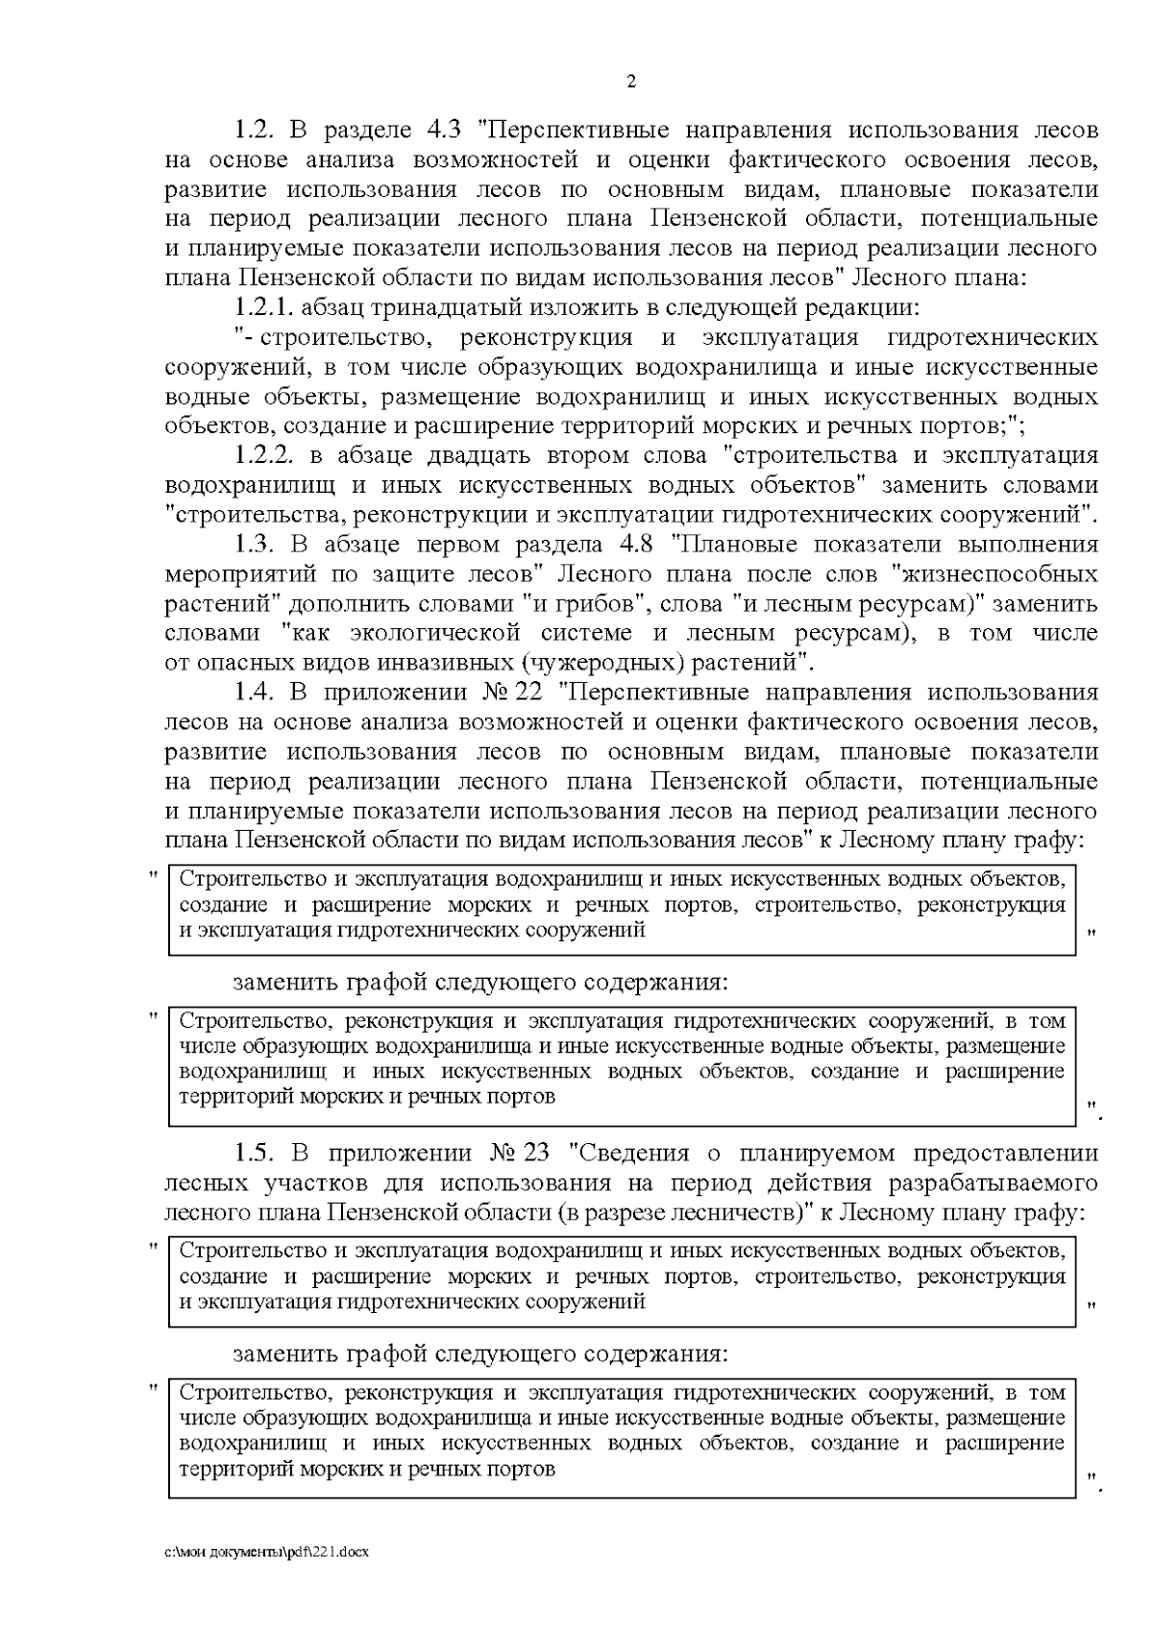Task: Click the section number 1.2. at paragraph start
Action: click(256, 130)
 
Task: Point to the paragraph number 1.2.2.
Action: click(267, 455)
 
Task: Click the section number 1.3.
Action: click(256, 545)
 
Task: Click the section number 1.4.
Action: click(256, 693)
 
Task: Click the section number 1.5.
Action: click(256, 1153)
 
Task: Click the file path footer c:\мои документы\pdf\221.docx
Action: click(267, 1552)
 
